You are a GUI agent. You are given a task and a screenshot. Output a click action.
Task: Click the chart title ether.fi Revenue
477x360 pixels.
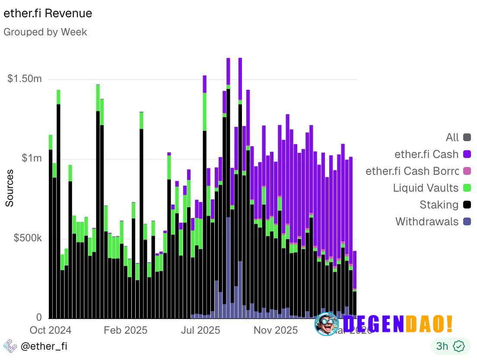pos(48,13)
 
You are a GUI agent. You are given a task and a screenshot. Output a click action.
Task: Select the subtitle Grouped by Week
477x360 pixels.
pos(45,32)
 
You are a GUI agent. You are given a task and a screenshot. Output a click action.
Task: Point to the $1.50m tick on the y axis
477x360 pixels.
pos(25,79)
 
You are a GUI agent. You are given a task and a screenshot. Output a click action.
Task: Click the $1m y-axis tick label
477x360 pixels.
pos(32,158)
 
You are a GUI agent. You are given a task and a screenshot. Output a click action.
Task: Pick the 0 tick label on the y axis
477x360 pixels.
pos(39,317)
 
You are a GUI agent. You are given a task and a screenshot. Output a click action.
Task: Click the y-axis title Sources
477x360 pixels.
pos(10,188)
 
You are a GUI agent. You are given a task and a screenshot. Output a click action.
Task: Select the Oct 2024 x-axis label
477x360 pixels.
pos(50,330)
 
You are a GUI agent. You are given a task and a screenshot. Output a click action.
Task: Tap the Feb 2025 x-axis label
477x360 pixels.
pos(125,330)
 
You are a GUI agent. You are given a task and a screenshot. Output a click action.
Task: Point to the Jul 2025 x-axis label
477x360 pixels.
pos(200,330)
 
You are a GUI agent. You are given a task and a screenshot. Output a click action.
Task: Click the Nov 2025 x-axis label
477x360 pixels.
pos(276,330)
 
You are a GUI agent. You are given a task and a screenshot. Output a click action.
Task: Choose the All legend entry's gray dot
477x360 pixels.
pos(467,138)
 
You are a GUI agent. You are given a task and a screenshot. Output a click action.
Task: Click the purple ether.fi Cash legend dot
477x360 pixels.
pos(467,154)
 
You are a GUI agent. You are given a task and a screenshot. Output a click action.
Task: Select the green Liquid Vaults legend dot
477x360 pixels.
pos(467,188)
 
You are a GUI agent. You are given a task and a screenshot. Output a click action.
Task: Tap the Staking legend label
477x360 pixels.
pos(439,205)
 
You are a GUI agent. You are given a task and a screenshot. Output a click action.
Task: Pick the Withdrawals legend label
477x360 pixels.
pos(426,221)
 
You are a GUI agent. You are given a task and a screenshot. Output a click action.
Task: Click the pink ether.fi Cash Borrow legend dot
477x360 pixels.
pos(467,171)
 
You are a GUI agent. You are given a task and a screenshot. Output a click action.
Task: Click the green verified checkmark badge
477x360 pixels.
pos(458,346)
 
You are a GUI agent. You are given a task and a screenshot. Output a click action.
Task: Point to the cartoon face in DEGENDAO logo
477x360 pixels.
pos(327,324)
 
